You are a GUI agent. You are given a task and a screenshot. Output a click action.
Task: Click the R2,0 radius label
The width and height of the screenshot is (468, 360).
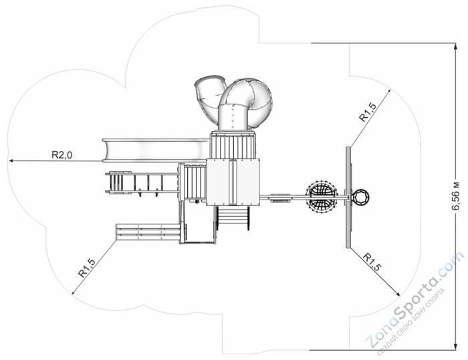pyautogui.click(x=62, y=155)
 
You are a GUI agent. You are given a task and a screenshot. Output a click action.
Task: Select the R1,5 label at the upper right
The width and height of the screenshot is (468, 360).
pyautogui.click(x=368, y=112)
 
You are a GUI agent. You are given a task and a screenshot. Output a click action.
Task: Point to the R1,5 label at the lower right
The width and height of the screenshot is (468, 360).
pyautogui.click(x=372, y=262)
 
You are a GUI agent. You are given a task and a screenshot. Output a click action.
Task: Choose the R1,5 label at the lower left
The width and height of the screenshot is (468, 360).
pyautogui.click(x=87, y=268)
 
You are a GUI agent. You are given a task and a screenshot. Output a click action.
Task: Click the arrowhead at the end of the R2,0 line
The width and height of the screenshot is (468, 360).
pyautogui.click(x=11, y=161)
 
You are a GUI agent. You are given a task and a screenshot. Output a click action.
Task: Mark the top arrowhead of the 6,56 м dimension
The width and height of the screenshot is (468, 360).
pyautogui.click(x=455, y=46)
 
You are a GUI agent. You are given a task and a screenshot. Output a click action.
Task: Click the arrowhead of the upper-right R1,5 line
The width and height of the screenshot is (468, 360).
pyautogui.click(x=388, y=91)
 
